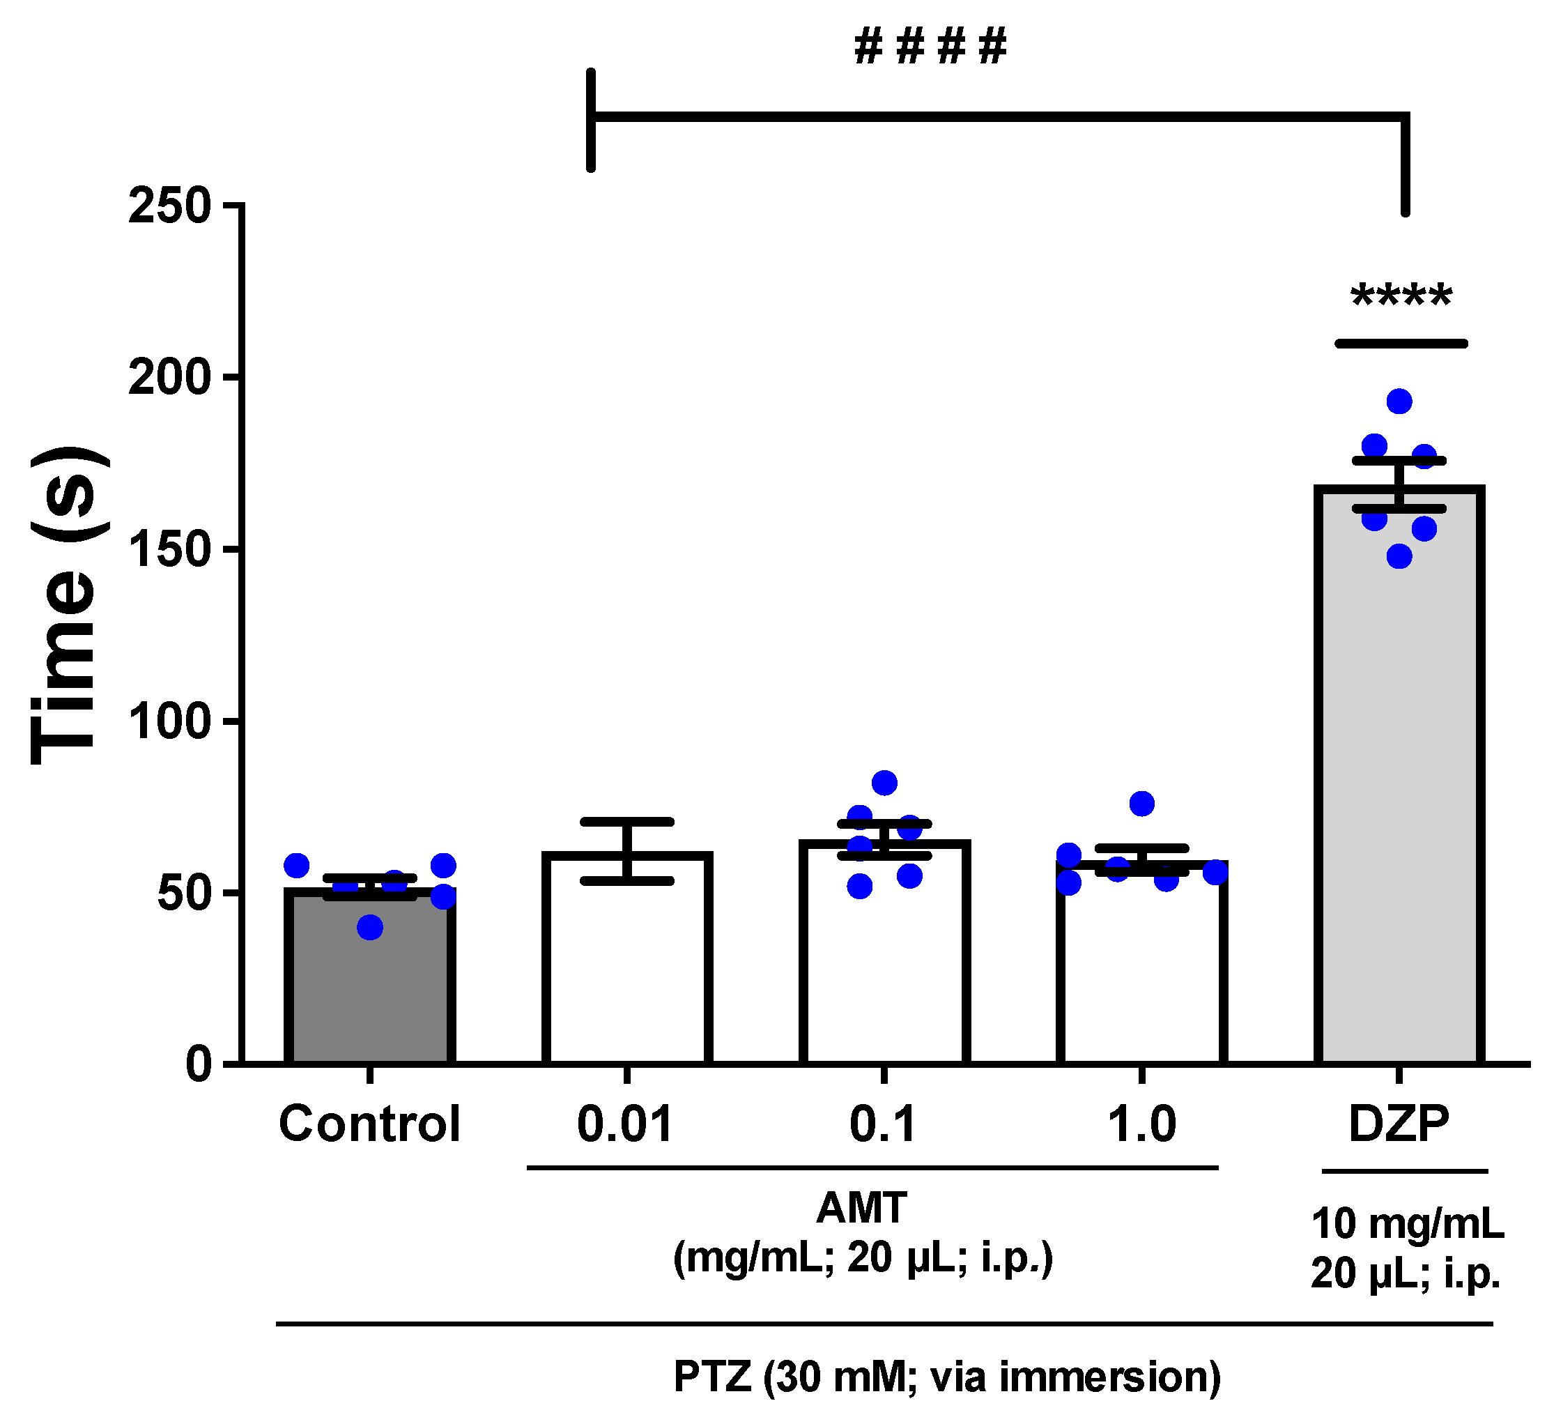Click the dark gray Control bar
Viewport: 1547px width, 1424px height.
pos(370,986)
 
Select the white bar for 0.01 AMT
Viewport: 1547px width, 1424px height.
pos(626,971)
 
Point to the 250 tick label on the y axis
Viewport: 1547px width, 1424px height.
pos(169,206)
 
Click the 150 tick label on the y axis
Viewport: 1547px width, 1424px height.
pos(169,550)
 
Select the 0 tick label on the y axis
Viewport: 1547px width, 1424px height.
pos(199,1065)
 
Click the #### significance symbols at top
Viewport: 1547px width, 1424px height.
pos(930,46)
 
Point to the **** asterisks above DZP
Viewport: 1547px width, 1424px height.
pos(1401,298)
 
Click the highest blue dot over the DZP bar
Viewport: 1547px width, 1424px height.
pos(1399,401)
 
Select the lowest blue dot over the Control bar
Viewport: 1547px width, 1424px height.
pos(370,928)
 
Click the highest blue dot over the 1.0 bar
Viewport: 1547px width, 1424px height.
pos(1141,804)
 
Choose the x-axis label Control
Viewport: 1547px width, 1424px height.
pos(370,1124)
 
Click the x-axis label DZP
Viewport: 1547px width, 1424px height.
pos(1399,1124)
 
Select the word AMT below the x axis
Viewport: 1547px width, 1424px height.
pos(861,1208)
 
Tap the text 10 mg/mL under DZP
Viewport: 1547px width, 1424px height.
pos(1407,1224)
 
